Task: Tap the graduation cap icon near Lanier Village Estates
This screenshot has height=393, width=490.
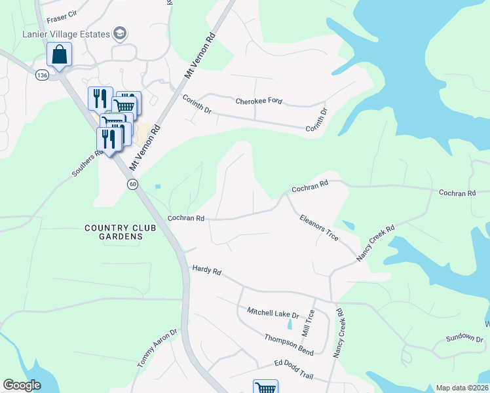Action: (x=120, y=33)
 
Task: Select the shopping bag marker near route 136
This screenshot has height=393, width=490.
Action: (x=59, y=55)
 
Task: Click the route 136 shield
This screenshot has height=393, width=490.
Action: (x=43, y=76)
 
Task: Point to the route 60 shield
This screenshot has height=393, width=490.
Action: (x=132, y=185)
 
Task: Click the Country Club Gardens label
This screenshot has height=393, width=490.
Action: (x=121, y=232)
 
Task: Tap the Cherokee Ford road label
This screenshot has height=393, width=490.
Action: (x=259, y=101)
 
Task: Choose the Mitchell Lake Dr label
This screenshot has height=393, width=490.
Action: (x=273, y=313)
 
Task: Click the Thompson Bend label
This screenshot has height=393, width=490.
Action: (x=289, y=345)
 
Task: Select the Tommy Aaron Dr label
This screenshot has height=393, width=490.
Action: (x=157, y=348)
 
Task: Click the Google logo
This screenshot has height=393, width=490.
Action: (x=22, y=385)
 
